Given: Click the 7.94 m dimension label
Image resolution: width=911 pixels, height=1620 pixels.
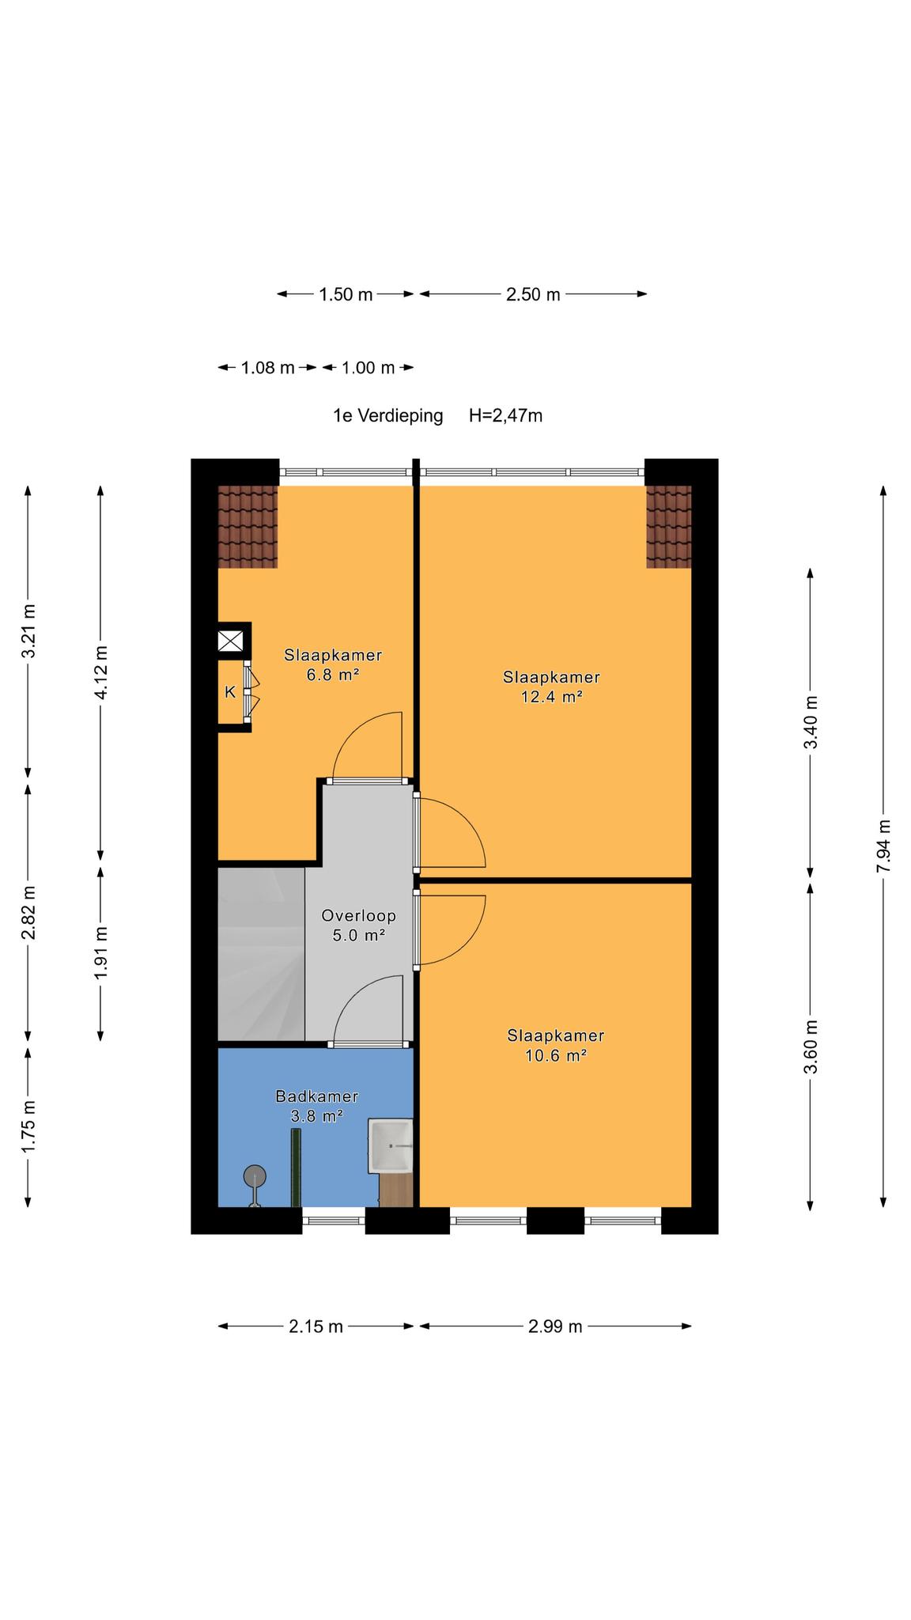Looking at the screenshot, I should tap(883, 845).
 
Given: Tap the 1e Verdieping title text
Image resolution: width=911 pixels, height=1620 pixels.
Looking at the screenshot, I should tap(387, 415).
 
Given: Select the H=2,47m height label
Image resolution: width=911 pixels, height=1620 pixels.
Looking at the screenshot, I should tap(505, 415).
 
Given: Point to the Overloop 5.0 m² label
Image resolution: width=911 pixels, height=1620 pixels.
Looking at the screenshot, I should tap(358, 925).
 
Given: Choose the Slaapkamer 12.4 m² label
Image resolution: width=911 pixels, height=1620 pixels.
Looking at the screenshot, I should tap(551, 687).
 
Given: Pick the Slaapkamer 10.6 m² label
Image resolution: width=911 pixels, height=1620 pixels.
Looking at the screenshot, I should tap(555, 1045).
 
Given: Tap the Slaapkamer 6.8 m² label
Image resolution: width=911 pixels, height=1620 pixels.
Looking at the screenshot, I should tap(333, 664).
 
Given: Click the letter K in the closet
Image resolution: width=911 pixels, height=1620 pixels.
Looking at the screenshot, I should tap(230, 692).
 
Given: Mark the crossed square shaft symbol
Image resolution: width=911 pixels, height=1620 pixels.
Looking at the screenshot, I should tap(230, 641).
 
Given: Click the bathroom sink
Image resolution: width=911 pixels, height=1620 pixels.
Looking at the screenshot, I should tap(391, 1146).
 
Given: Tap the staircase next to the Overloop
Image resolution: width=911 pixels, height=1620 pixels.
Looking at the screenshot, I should tap(261, 954).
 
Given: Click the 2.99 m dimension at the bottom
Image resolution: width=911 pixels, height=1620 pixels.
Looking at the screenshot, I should tap(555, 1327).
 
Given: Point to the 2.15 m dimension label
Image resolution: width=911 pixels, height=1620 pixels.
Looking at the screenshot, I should tap(316, 1327).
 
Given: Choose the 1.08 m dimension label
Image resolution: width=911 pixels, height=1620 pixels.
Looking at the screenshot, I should tap(267, 368).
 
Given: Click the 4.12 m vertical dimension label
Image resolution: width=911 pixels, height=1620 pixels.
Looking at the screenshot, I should tap(100, 672).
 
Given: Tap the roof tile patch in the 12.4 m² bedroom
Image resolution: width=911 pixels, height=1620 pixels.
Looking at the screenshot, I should tap(668, 527).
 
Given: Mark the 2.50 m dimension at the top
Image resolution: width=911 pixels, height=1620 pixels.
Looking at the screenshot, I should tap(533, 294).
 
